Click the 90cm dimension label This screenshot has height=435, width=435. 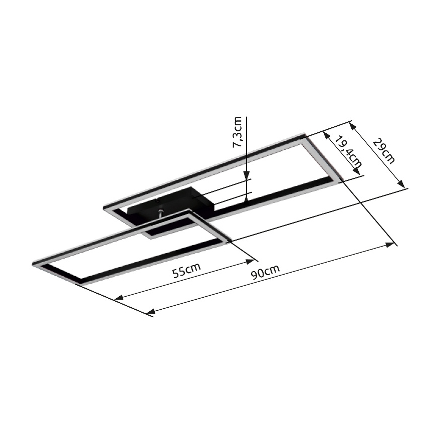[265, 272]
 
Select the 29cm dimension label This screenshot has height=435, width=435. [384, 151]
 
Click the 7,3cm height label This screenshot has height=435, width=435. [238, 132]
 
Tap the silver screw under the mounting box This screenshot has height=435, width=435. [161, 213]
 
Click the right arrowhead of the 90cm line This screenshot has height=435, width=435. [390, 245]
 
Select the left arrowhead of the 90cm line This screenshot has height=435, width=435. [151, 311]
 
